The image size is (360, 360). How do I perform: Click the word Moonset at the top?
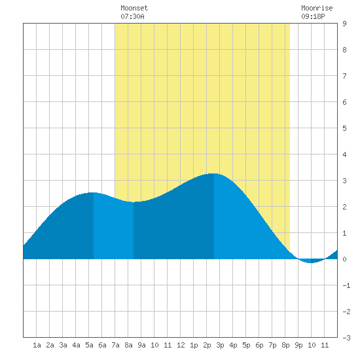coord(134,8)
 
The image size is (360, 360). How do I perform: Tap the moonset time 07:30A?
coord(132,16)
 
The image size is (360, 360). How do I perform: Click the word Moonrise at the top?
coord(317,8)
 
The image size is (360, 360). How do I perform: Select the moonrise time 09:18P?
coord(313,16)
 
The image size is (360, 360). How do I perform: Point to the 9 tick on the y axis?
coord(344,24)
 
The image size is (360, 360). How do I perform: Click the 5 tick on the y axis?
coord(344,128)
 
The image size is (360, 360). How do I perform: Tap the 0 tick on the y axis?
coord(344,259)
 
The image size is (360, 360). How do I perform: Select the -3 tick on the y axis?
coord(346,338)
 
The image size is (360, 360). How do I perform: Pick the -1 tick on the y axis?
coord(346,285)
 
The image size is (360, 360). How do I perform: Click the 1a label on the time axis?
coord(37,345)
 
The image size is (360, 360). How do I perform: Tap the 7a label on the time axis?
coord(115,345)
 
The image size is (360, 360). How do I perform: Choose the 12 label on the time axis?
coord(181,345)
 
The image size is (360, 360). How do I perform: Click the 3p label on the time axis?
coord(220,345)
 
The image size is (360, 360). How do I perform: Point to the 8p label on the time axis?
coord(285,345)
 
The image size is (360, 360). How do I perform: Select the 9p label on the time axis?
coord(298,345)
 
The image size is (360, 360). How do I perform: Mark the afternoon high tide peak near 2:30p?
coord(214,173)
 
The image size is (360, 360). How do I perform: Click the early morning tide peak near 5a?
coord(93,192)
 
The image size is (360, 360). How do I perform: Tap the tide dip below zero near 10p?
coord(310,262)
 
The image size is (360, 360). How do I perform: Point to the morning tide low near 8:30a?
coord(134,202)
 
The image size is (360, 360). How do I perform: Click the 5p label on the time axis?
coord(246,345)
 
